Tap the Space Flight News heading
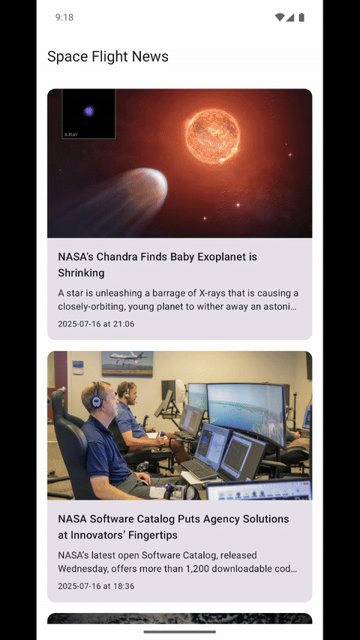(108, 56)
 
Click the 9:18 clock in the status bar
(64, 17)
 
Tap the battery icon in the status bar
(301, 17)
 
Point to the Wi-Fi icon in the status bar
(280, 17)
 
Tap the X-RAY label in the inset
(70, 134)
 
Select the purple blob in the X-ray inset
(89, 111)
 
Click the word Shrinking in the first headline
(81, 272)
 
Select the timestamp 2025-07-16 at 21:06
(96, 324)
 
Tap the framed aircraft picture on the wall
(127, 363)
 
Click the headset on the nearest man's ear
(96, 398)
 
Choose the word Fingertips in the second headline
(153, 535)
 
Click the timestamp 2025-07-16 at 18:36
(96, 586)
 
